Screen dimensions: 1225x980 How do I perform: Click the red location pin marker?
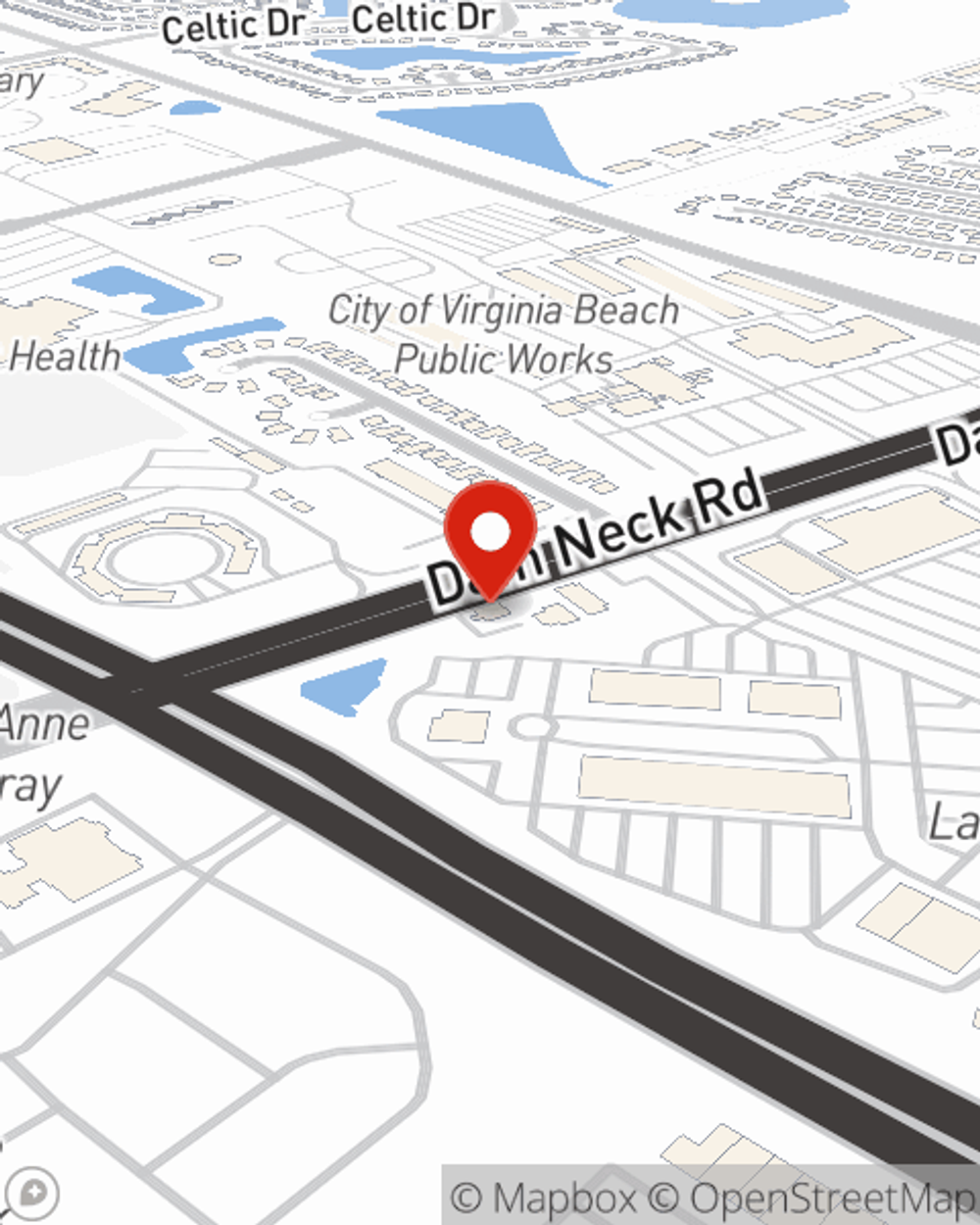coord(490,538)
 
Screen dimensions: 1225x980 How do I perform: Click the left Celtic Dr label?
coord(233,25)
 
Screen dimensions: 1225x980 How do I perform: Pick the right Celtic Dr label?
coord(422,19)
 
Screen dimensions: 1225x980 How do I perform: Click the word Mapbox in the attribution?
coord(563,1199)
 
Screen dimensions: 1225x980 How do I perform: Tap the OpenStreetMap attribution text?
coord(831,1199)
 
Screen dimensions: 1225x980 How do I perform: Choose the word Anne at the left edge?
coord(43,723)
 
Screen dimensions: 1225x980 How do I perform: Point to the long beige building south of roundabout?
coord(713,786)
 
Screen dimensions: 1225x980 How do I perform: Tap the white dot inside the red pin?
coord(490,532)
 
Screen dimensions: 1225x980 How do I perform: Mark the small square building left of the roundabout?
coord(459,726)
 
